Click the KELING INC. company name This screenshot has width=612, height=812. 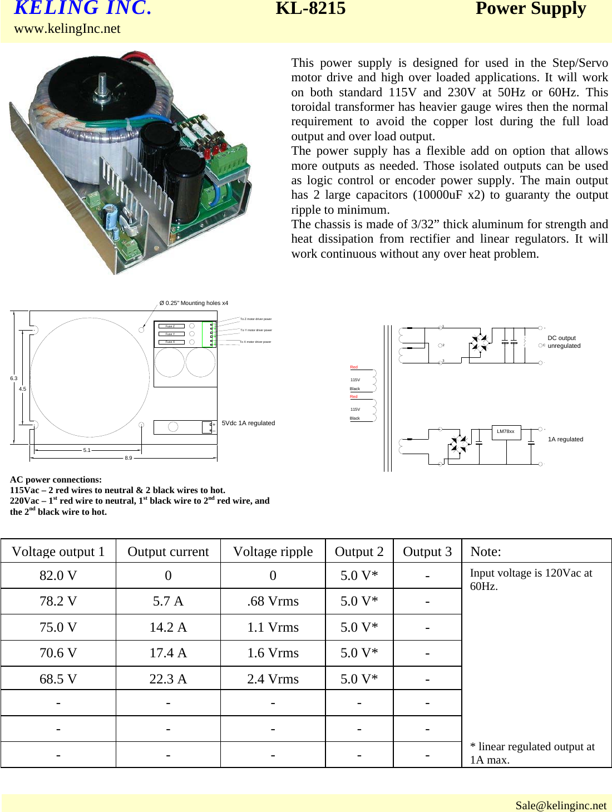pyautogui.click(x=82, y=8)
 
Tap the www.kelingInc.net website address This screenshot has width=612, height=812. pyautogui.click(x=67, y=29)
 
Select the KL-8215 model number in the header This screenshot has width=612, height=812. pyautogui.click(x=310, y=8)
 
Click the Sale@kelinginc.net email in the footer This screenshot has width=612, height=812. pyautogui.click(x=560, y=805)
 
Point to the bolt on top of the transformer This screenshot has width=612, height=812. pyautogui.click(x=102, y=89)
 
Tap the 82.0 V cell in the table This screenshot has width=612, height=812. pyautogui.click(x=58, y=575)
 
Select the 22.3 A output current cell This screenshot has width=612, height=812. pyautogui.click(x=168, y=679)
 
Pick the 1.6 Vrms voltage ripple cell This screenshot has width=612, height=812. pyautogui.click(x=273, y=653)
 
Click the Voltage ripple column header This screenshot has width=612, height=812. pyautogui.click(x=273, y=552)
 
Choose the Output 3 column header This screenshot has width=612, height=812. pyautogui.click(x=427, y=552)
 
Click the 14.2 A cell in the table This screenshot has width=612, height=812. pyautogui.click(x=168, y=627)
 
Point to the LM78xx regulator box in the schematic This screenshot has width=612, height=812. pyautogui.click(x=506, y=432)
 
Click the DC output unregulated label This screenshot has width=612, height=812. pyautogui.click(x=564, y=342)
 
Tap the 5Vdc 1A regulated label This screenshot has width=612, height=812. pyautogui.click(x=248, y=423)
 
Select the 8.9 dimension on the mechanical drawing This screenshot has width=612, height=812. pyautogui.click(x=129, y=458)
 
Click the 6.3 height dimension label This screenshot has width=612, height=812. pyautogui.click(x=13, y=378)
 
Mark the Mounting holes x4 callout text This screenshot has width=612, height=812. pyautogui.click(x=194, y=303)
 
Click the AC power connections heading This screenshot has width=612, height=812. pyautogui.click(x=56, y=480)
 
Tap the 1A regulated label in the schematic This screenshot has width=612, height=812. pyautogui.click(x=565, y=439)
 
